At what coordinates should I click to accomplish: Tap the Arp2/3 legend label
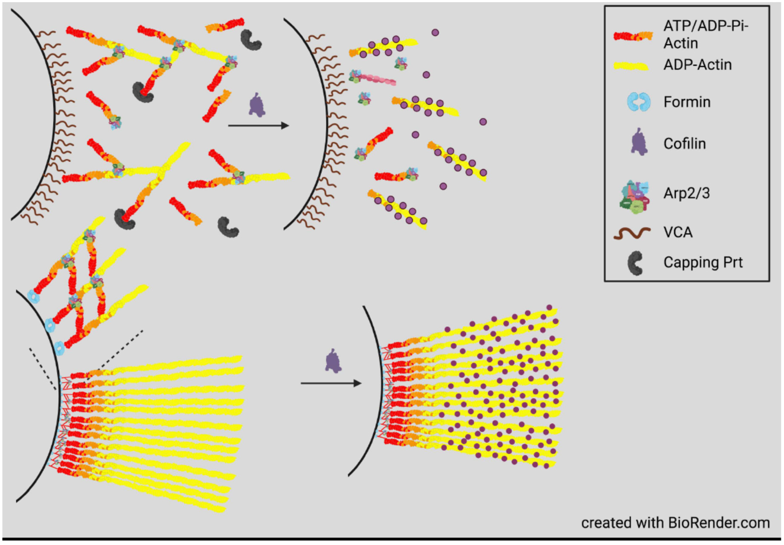pyautogui.click(x=686, y=193)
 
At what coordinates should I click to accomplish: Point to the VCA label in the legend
pyautogui.click(x=678, y=232)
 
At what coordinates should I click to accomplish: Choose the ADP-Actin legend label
pyautogui.click(x=697, y=65)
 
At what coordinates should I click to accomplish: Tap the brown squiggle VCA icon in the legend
pyautogui.click(x=632, y=233)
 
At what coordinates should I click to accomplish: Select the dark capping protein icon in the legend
pyautogui.click(x=635, y=263)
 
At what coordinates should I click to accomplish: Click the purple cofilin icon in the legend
pyautogui.click(x=639, y=142)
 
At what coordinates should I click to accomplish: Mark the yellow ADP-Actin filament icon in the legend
pyautogui.click(x=631, y=66)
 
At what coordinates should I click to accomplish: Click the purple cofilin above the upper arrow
pyautogui.click(x=257, y=105)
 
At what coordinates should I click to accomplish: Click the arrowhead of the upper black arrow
pyautogui.click(x=285, y=126)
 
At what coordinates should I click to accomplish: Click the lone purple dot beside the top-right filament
pyautogui.click(x=435, y=33)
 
